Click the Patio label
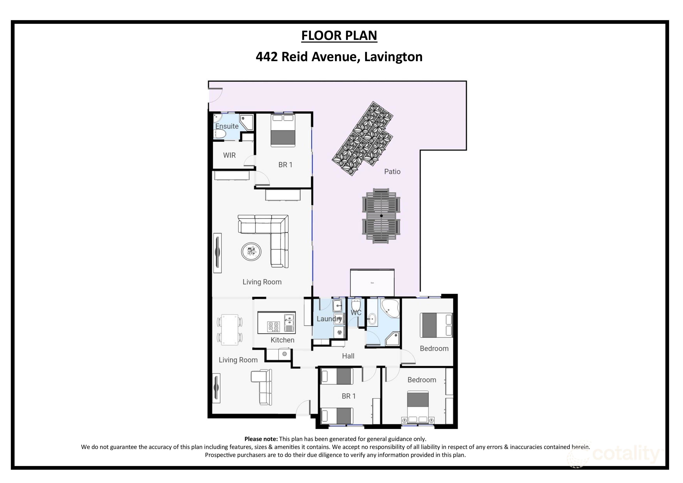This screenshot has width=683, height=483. (x=392, y=172)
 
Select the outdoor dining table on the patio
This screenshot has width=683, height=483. (x=381, y=216)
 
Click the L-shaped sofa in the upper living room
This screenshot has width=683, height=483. (x=268, y=235)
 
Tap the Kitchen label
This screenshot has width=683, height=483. (x=282, y=340)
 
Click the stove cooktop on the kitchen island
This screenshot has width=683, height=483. (x=273, y=326)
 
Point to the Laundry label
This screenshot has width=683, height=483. (x=329, y=319)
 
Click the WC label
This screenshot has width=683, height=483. (x=356, y=313)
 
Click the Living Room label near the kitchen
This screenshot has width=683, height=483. (x=238, y=360)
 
